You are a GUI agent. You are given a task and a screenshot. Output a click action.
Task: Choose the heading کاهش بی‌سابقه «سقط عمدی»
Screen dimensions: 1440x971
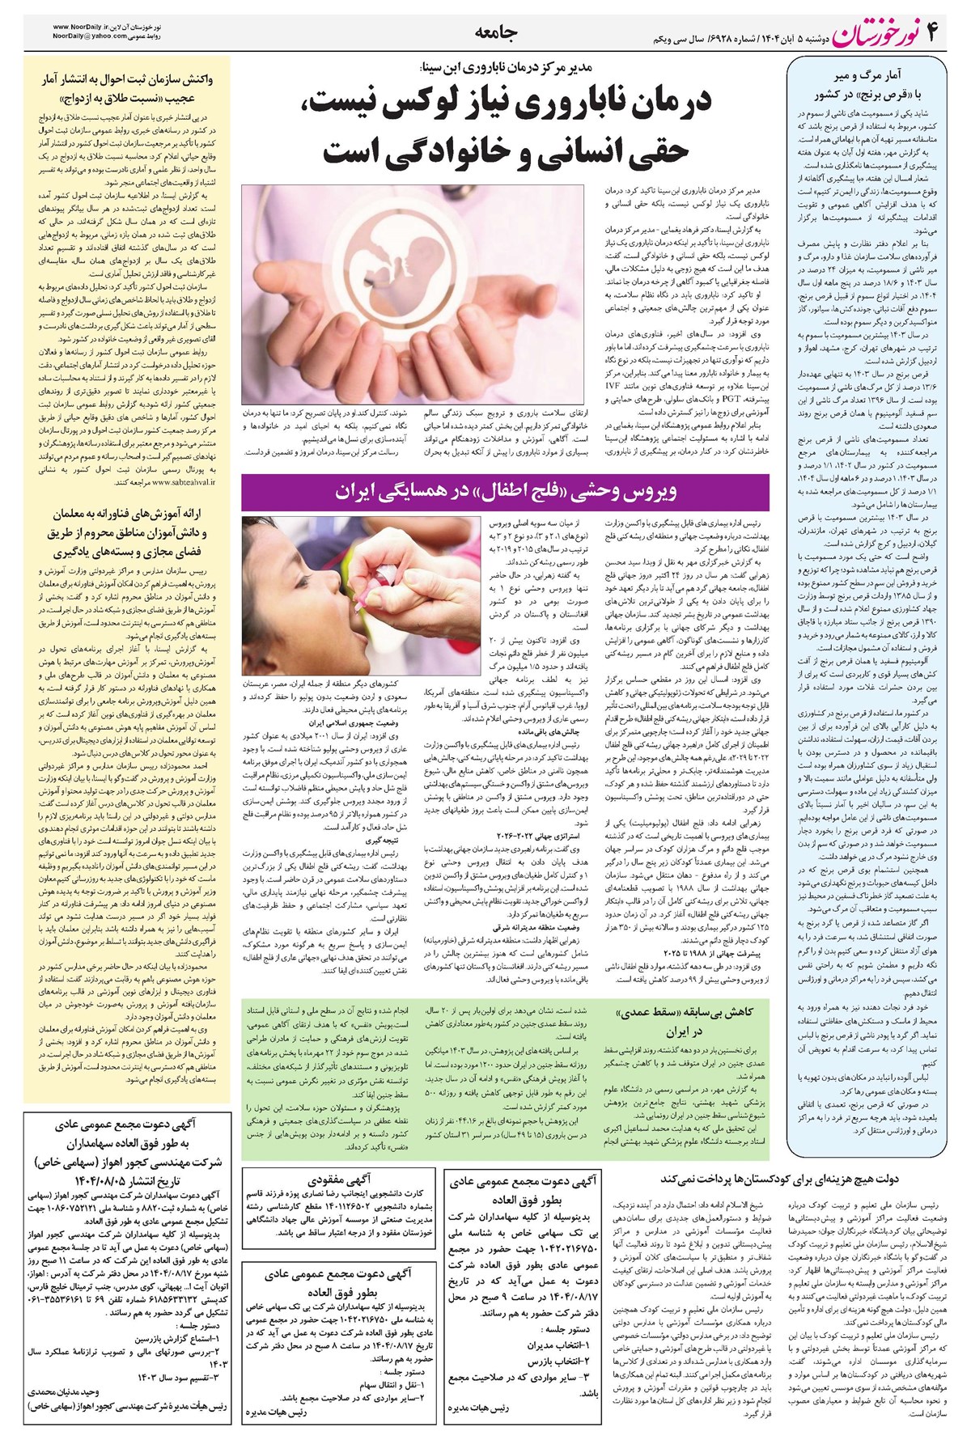pyautogui.click(x=686, y=1012)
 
